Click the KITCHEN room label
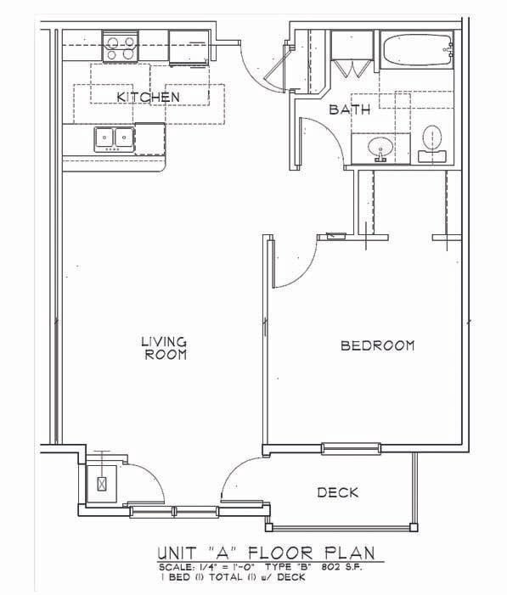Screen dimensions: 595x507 point(148,97)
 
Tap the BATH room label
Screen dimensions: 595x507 point(350,109)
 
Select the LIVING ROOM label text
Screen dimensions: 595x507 point(163,348)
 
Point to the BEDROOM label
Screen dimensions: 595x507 point(377,345)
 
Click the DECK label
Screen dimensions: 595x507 point(337,492)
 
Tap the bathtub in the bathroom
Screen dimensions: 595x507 point(415,50)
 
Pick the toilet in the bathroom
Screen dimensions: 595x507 point(433,141)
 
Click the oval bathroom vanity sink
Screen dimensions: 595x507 point(380,149)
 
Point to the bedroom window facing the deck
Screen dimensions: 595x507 point(350,448)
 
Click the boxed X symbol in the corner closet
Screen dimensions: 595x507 point(103,485)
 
